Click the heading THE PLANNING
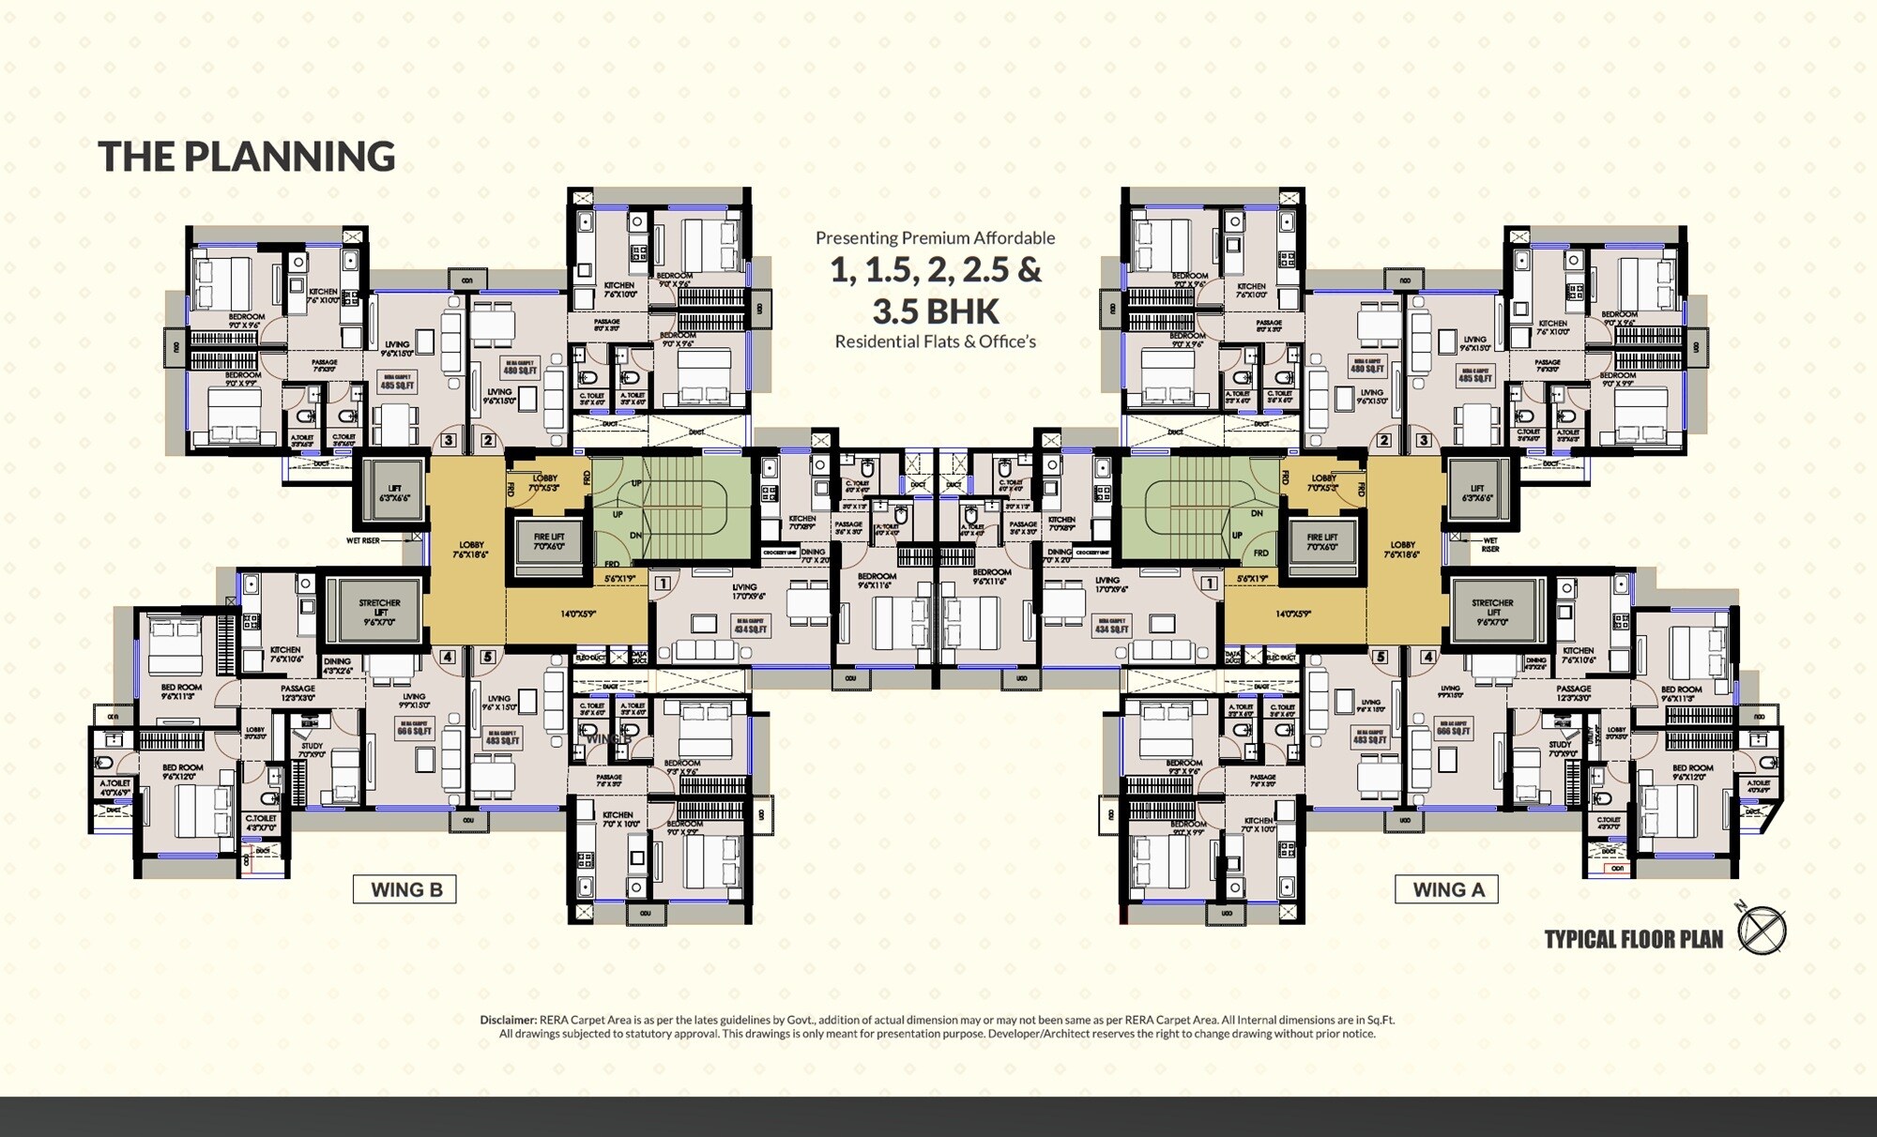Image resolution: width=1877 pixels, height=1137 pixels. pos(247,157)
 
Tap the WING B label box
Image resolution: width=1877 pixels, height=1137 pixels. pos(404,889)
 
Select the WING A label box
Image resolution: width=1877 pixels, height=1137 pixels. pos(1447,889)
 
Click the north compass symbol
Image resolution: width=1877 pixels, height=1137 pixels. pos(1761,932)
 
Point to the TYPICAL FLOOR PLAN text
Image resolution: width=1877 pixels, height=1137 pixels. pos(1633,939)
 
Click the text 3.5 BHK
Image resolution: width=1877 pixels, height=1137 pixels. pos(936,311)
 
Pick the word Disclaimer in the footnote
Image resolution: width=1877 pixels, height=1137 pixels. pos(508,1020)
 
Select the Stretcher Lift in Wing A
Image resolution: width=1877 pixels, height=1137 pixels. pos(1492,609)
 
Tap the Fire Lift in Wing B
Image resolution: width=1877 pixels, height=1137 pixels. pos(549,542)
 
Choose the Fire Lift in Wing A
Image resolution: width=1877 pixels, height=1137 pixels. pos(1321,542)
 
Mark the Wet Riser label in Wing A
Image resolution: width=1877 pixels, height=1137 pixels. pos(1490,544)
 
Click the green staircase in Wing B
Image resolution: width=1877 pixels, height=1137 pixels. pos(671,507)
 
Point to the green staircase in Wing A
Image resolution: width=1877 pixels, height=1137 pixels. pos(1201,507)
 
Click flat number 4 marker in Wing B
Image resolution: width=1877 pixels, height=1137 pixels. pos(448,657)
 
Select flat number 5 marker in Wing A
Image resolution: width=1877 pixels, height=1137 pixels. pos(1380,657)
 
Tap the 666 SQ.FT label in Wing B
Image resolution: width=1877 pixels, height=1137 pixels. pos(414,729)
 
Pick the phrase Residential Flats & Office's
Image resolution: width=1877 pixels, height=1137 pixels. pos(936,341)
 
